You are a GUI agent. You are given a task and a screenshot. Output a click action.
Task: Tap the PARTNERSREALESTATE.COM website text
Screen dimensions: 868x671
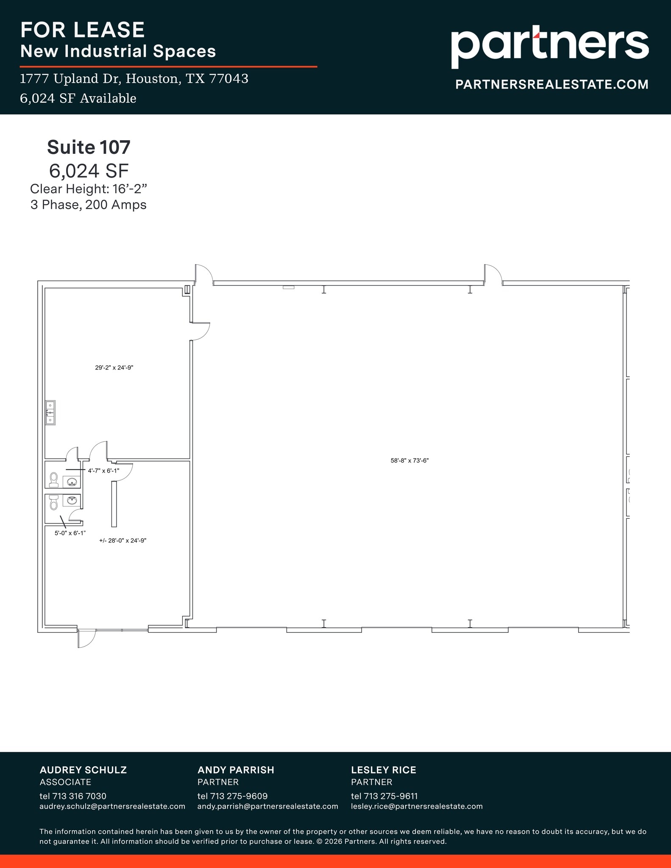click(x=551, y=84)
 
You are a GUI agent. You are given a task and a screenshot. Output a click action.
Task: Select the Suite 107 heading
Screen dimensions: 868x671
click(x=89, y=147)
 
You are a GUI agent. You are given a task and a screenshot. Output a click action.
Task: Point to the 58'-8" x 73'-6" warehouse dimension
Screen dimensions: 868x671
click(x=409, y=461)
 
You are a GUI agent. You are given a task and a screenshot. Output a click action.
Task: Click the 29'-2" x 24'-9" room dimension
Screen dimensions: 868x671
click(x=114, y=368)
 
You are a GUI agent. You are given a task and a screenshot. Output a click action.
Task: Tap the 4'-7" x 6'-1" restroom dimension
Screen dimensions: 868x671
click(x=103, y=470)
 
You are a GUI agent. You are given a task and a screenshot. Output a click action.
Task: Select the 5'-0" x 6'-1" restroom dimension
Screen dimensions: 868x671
click(x=70, y=533)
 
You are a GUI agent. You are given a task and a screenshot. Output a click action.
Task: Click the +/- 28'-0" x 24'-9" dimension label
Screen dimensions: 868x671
click(x=123, y=541)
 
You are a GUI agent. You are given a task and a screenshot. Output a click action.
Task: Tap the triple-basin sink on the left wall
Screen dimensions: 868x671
click(x=50, y=412)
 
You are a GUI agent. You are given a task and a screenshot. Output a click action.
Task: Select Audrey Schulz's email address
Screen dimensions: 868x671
click(x=112, y=806)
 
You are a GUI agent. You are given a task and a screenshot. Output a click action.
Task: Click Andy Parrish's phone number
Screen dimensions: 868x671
click(x=232, y=796)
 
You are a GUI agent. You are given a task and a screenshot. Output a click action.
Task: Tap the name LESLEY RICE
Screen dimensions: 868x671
click(x=383, y=770)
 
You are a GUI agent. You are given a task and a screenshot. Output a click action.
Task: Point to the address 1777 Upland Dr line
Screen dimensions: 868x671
click(x=134, y=79)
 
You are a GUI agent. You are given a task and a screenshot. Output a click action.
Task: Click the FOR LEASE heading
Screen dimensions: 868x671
click(x=83, y=30)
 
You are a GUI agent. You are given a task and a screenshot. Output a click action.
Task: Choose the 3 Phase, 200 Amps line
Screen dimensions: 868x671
click(x=89, y=205)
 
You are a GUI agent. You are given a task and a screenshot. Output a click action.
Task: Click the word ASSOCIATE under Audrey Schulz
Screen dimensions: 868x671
click(x=65, y=782)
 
